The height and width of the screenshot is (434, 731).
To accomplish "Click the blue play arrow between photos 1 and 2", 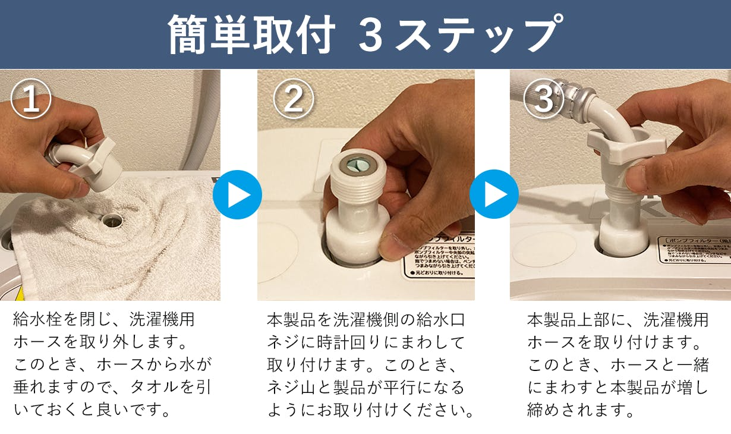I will pyautogui.click(x=237, y=194).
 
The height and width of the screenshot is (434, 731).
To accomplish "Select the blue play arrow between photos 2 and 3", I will pyautogui.click(x=494, y=194).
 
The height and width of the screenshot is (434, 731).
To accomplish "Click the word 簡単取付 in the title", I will pyautogui.click(x=250, y=34).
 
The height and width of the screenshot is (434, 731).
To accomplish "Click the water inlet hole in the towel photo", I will pyautogui.click(x=111, y=221).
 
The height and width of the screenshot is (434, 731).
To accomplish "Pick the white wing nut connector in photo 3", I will pyautogui.click(x=624, y=146).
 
